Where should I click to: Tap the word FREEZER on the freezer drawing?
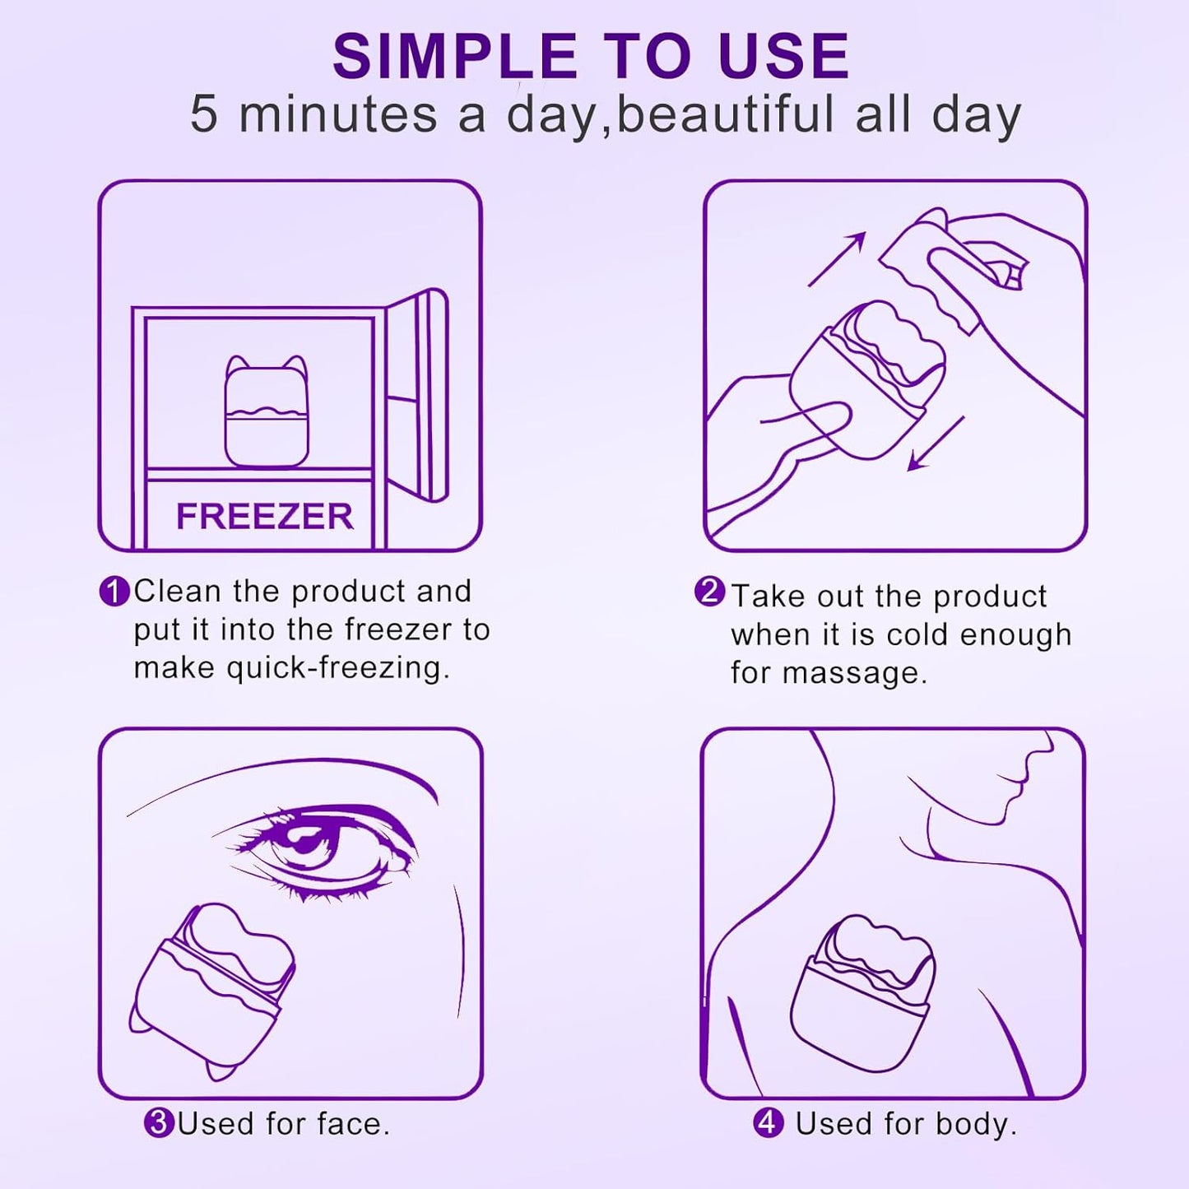264,517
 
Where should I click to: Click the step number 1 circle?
114,592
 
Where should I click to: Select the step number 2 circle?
709,592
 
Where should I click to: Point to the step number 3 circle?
159,1123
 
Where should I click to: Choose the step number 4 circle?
769,1123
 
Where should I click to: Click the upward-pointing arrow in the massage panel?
838,258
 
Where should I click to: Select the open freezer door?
420,395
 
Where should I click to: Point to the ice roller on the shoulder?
862,992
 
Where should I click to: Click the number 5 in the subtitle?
204,114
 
